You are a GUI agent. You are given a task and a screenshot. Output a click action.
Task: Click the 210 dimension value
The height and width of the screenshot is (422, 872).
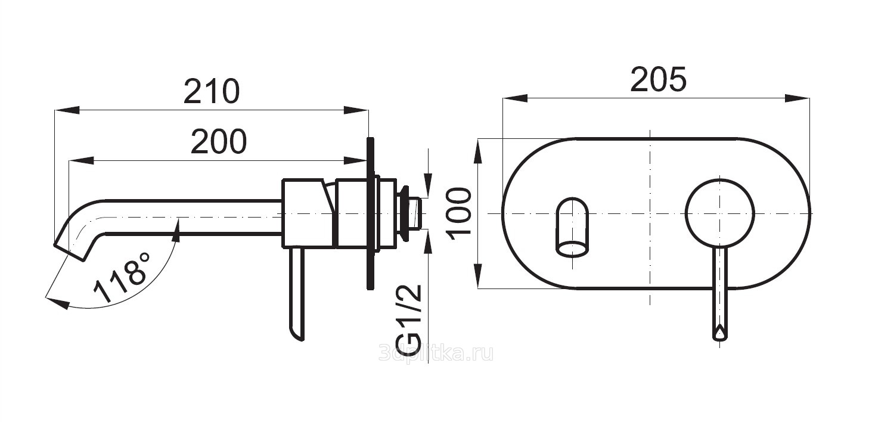pyautogui.click(x=212, y=91)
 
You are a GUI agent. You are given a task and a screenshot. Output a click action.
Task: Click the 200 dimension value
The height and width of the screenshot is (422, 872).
pyautogui.click(x=219, y=141)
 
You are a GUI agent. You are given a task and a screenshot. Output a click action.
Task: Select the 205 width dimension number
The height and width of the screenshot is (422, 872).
pyautogui.click(x=658, y=80)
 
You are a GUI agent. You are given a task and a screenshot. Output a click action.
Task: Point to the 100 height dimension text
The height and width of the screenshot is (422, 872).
pyautogui.click(x=458, y=214)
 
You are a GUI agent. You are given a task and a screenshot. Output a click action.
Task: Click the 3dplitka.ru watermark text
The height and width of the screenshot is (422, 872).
pyautogui.click(x=436, y=354)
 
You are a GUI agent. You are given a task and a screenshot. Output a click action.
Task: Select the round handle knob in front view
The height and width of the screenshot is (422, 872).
pyautogui.click(x=720, y=213)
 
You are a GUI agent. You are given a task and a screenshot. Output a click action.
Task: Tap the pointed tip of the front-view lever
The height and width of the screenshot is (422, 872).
pyautogui.click(x=720, y=335)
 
